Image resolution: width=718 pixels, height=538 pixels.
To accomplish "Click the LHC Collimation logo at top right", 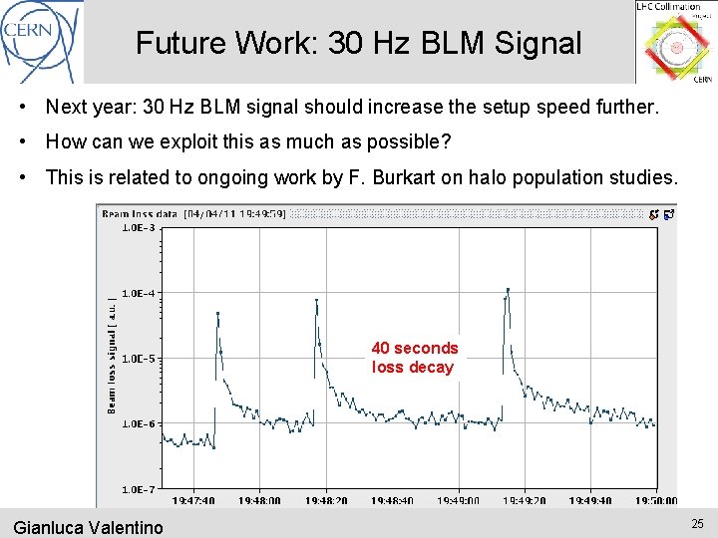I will (x=675, y=42).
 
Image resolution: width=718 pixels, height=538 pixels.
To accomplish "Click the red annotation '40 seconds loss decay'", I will (x=415, y=358).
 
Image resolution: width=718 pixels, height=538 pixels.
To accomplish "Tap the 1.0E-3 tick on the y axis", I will (x=139, y=228).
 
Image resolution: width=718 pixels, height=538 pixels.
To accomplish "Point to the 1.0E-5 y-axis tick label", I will (x=139, y=359).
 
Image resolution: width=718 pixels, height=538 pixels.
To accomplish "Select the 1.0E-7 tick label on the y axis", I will (x=139, y=489).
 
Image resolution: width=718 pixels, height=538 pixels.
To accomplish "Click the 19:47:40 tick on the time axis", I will (x=192, y=501).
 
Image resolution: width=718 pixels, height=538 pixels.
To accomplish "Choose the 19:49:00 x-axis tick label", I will (x=458, y=501).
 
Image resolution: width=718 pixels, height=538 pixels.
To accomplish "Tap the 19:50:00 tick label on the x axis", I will (x=655, y=501).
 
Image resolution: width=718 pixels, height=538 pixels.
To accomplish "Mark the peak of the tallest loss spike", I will (x=508, y=290).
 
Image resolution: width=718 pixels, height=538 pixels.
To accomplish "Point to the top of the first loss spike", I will (x=217, y=313).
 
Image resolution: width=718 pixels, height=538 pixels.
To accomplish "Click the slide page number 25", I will (x=696, y=524).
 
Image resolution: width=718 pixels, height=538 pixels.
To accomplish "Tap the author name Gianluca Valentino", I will (x=88, y=527).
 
